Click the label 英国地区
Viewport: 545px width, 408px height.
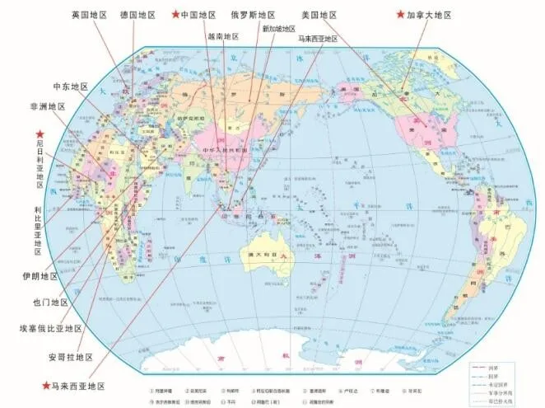(x=88, y=15)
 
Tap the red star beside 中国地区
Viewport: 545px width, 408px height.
(x=174, y=15)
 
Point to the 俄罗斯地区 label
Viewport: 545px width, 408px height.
(x=252, y=15)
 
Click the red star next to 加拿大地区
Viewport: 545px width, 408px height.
(x=401, y=15)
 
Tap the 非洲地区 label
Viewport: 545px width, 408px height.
(x=46, y=106)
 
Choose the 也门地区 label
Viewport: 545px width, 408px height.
(x=51, y=302)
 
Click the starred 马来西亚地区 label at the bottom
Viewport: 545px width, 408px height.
(x=79, y=385)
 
